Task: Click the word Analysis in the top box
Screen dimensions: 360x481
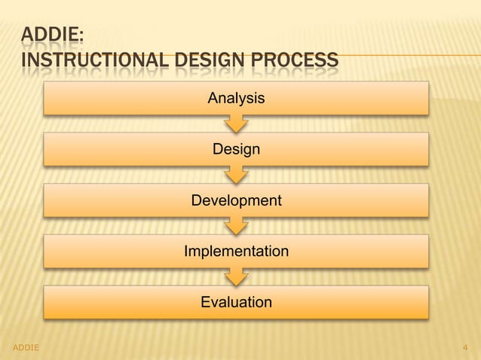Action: pyautogui.click(x=236, y=98)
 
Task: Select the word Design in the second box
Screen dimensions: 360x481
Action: pyautogui.click(x=236, y=149)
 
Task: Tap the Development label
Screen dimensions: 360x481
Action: pyautogui.click(x=236, y=201)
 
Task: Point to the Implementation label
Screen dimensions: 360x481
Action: pyautogui.click(x=236, y=252)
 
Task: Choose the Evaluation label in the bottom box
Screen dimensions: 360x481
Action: pyautogui.click(x=236, y=302)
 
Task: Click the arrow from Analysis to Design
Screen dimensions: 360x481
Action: pyautogui.click(x=236, y=123)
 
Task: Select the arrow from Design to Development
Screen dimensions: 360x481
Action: pyautogui.click(x=236, y=174)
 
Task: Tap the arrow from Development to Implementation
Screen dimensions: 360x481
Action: pyautogui.click(x=236, y=225)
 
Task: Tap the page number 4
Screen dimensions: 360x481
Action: pyautogui.click(x=465, y=346)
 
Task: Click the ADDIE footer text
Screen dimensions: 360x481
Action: pyautogui.click(x=27, y=346)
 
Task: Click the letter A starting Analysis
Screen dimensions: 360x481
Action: pyautogui.click(x=213, y=98)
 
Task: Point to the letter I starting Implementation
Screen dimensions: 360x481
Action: pyautogui.click(x=186, y=252)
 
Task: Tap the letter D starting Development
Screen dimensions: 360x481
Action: pyautogui.click(x=196, y=201)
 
